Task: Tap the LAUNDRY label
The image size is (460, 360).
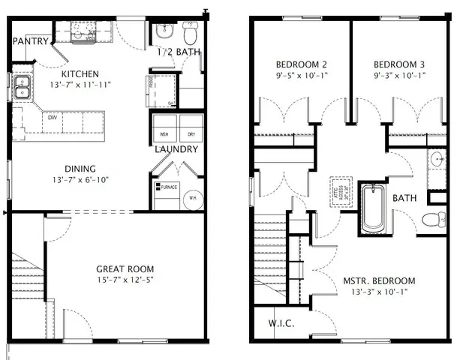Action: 176,149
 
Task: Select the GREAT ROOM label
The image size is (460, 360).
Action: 125,268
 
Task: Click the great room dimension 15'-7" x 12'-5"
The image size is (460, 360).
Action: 125,281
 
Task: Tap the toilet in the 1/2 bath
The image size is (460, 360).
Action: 189,33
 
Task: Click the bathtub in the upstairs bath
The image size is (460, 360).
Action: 371,209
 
